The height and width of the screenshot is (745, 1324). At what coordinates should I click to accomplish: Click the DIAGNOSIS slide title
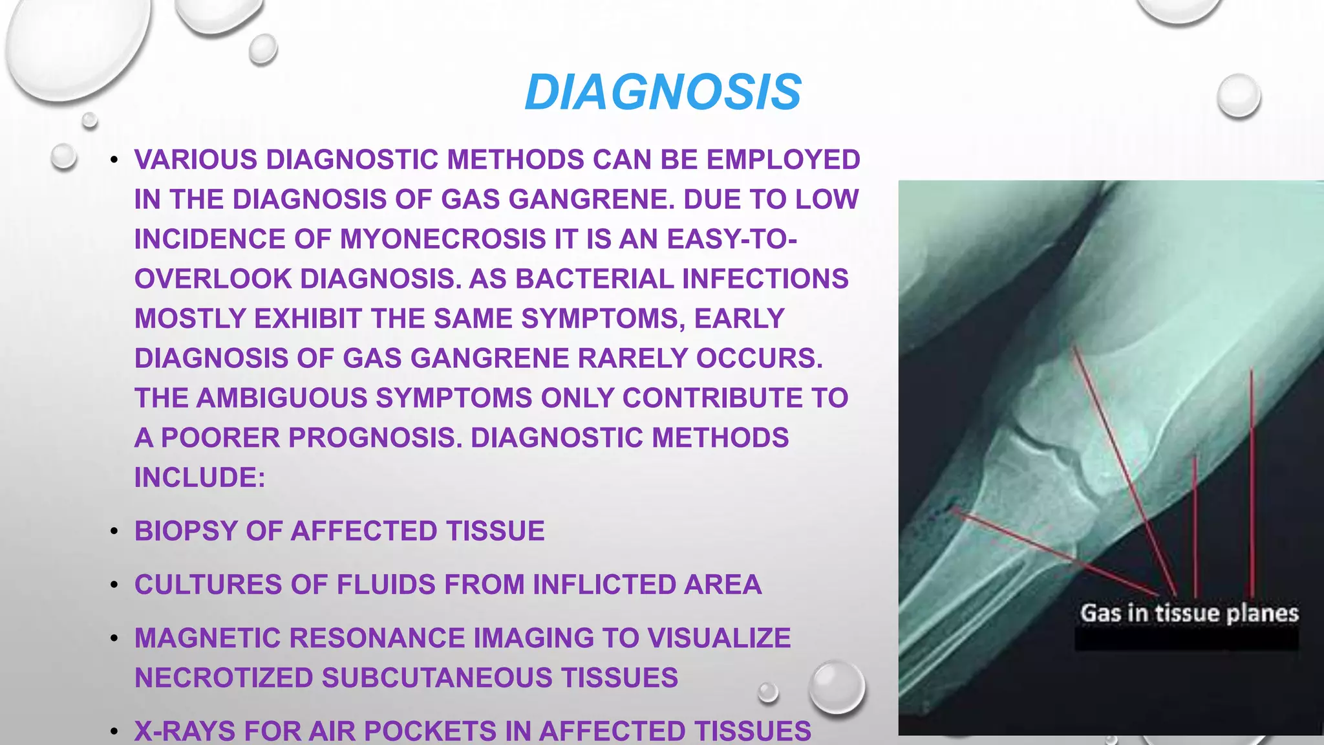pyautogui.click(x=663, y=92)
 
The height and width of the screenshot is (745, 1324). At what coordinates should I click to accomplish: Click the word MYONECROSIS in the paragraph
pyautogui.click(x=443, y=239)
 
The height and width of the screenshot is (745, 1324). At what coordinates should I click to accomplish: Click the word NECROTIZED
pyautogui.click(x=223, y=678)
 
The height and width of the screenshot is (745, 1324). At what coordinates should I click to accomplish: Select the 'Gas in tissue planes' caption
pyautogui.click(x=1189, y=613)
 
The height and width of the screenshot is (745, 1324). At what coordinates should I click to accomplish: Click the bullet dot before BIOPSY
pyautogui.click(x=114, y=532)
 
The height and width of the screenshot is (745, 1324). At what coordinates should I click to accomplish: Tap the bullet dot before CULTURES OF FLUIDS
pyautogui.click(x=114, y=585)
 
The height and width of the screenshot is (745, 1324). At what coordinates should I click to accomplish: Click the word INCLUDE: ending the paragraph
pyautogui.click(x=200, y=478)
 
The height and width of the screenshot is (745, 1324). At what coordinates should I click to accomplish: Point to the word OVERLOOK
pyautogui.click(x=213, y=279)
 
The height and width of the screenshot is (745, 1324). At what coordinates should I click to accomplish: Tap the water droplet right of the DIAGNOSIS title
pyautogui.click(x=1238, y=96)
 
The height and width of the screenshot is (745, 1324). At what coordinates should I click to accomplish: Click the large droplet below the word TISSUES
pyautogui.click(x=837, y=687)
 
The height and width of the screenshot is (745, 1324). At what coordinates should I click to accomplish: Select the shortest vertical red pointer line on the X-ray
pyautogui.click(x=1195, y=524)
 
